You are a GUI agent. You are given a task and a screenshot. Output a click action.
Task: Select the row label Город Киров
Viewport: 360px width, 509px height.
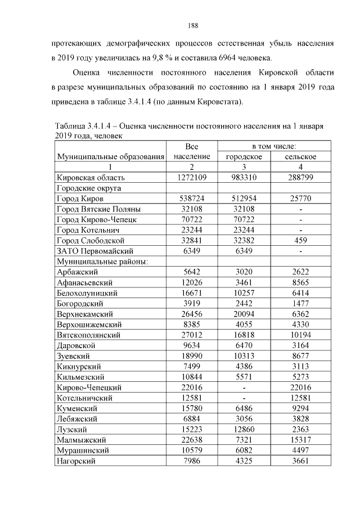click(x=79, y=199)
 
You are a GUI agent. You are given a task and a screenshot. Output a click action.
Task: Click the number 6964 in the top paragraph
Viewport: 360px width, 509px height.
click(x=220, y=58)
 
